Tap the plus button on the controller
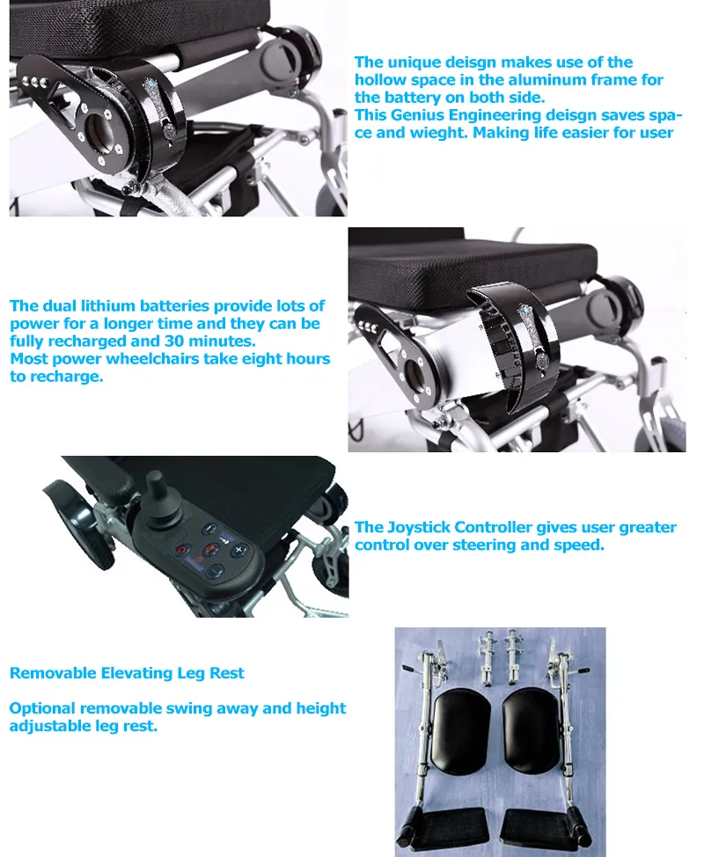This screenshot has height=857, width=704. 238,550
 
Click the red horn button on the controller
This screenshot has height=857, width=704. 209,550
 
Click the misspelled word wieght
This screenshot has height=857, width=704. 438,133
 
